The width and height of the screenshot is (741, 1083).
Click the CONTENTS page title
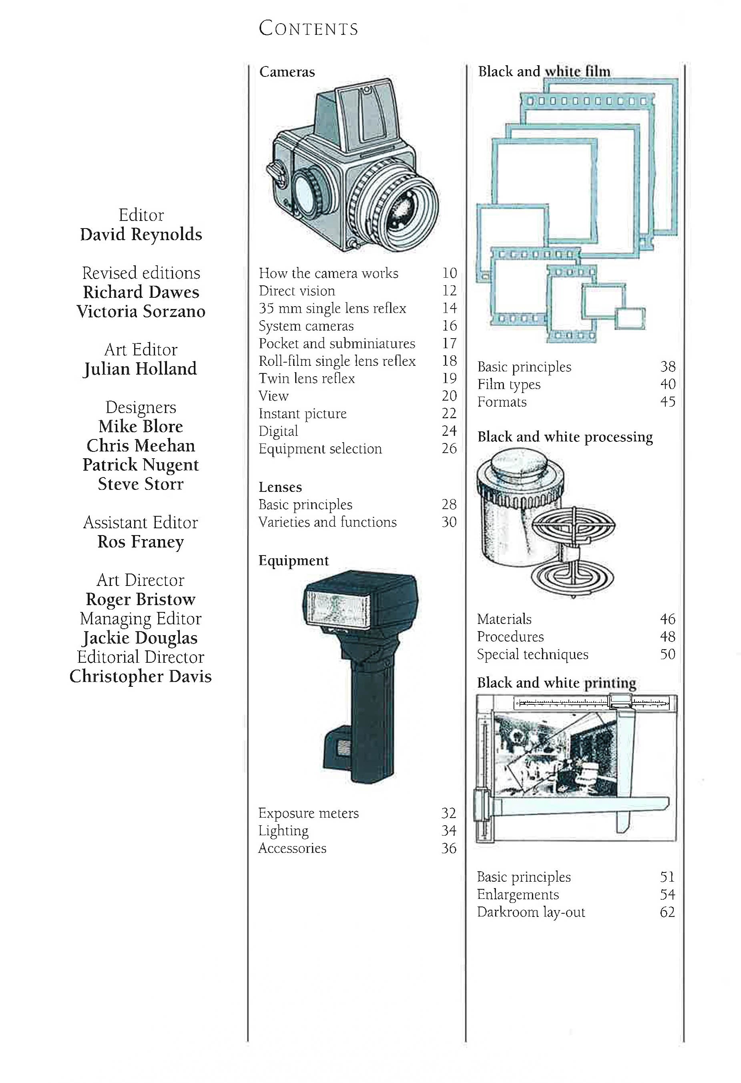(x=309, y=29)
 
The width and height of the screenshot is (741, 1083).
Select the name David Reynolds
(x=141, y=235)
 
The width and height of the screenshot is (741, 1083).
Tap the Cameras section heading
(x=287, y=72)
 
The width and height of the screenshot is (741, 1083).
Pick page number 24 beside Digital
(x=449, y=431)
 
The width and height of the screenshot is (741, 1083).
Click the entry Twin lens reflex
(x=307, y=378)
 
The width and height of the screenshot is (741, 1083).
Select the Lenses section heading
(x=280, y=487)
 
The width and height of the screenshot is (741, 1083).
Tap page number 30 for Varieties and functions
(x=449, y=522)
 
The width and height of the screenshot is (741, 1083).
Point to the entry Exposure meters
(x=309, y=813)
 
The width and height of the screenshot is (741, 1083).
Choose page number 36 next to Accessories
(x=449, y=848)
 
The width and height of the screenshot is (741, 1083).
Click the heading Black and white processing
(x=565, y=437)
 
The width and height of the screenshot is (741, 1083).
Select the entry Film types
(x=508, y=385)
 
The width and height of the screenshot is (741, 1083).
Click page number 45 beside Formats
(x=668, y=402)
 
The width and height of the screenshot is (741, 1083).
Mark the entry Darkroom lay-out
(x=531, y=912)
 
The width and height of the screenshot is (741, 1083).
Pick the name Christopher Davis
(x=141, y=677)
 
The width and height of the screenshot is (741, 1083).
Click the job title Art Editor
(x=141, y=349)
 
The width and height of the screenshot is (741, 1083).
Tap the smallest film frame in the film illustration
(x=630, y=319)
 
